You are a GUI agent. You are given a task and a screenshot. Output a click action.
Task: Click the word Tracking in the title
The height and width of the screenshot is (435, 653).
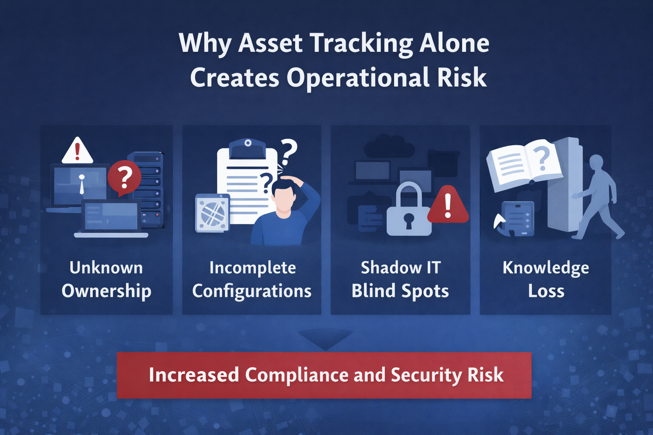pyautogui.click(x=361, y=43)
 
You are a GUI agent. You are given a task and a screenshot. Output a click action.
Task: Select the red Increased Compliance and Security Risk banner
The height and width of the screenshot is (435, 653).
pyautogui.click(x=324, y=375)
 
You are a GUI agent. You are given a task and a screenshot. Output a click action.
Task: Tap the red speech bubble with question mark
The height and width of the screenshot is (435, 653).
pyautogui.click(x=124, y=178)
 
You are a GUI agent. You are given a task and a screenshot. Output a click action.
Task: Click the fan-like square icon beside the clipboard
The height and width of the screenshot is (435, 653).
pyautogui.click(x=212, y=213)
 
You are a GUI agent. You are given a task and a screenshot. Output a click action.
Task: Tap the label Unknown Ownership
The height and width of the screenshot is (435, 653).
pyautogui.click(x=106, y=280)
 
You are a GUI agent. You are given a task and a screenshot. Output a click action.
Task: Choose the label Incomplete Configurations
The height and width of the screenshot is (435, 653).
pyautogui.click(x=252, y=280)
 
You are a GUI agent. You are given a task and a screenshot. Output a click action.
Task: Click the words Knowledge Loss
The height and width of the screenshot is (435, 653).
pyautogui.click(x=546, y=280)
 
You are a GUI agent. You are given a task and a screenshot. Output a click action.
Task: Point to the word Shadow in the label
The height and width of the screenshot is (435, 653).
pyautogui.click(x=385, y=268)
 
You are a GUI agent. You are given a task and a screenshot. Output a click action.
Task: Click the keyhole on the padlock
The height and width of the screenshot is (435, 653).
pyautogui.click(x=409, y=220)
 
